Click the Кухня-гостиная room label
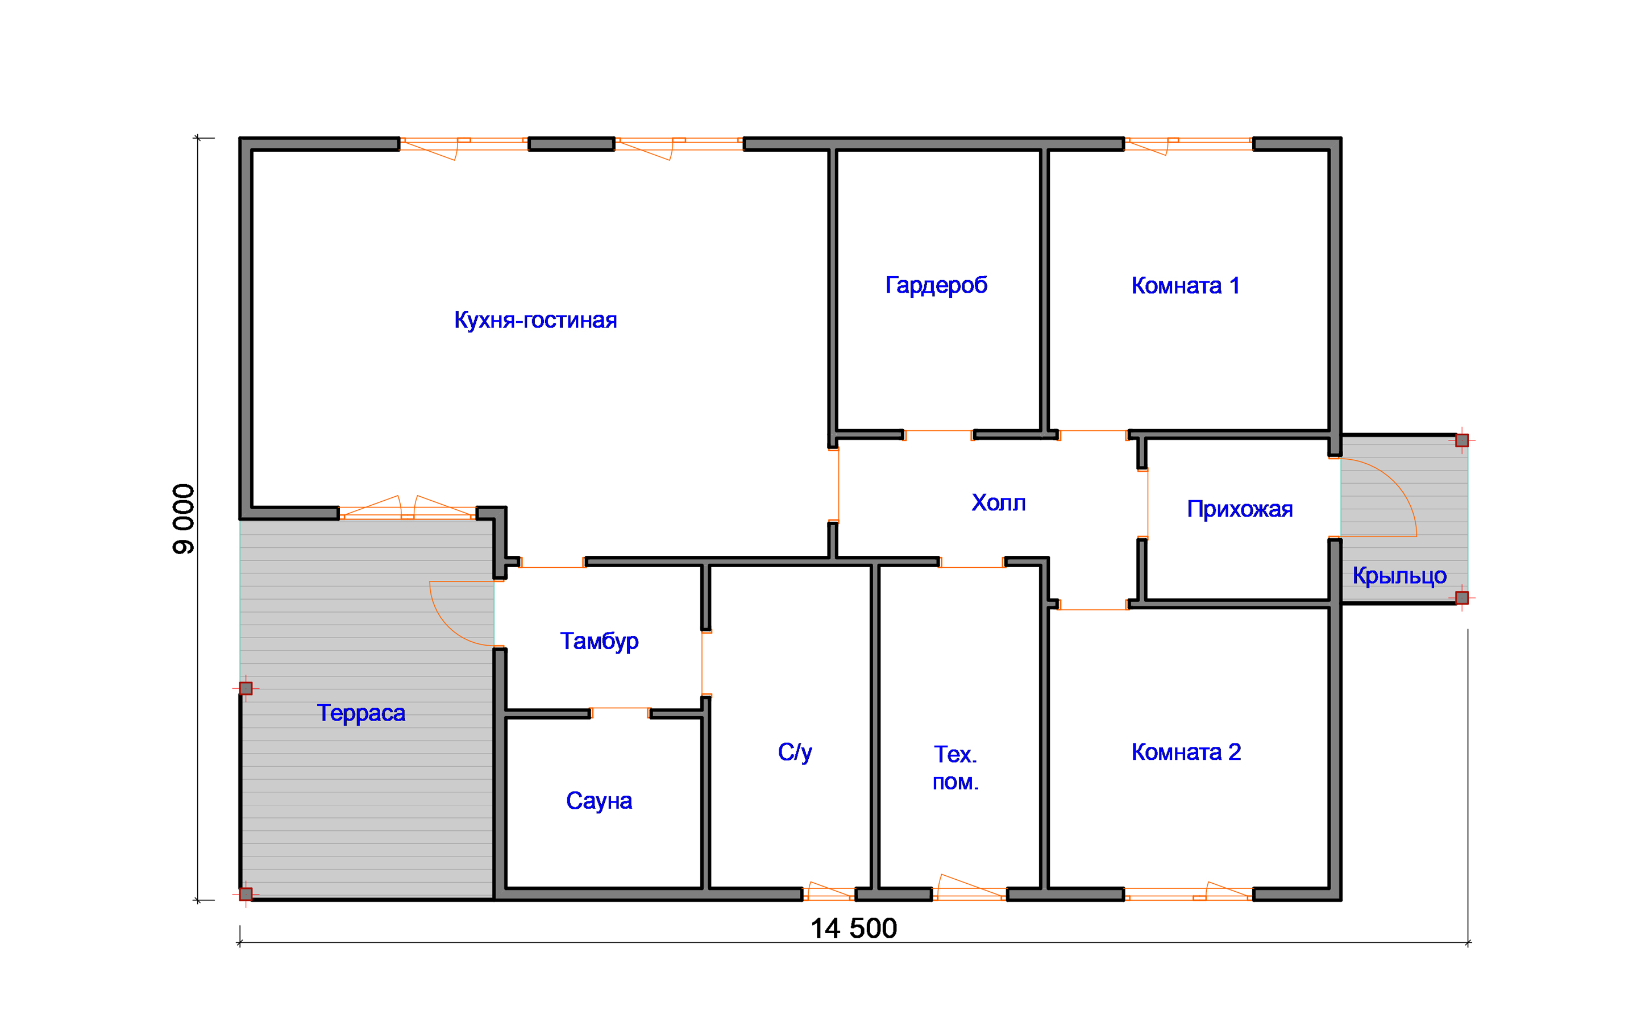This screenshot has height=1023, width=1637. click(535, 320)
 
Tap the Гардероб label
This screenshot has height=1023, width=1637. click(936, 285)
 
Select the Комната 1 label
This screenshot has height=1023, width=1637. click(1186, 285)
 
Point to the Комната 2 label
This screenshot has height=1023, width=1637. click(1186, 752)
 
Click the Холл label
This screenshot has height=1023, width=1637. click(999, 503)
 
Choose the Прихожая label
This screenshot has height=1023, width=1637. click(1240, 509)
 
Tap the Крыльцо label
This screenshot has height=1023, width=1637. click(1399, 576)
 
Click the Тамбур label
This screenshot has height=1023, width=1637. click(599, 641)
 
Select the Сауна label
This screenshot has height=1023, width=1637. click(599, 800)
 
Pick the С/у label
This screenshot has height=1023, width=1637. click(795, 752)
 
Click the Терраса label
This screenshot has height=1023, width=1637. click(362, 713)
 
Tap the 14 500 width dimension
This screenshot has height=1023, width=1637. click(854, 928)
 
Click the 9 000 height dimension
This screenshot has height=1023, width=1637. click(184, 519)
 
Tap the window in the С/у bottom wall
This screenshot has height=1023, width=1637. click(829, 893)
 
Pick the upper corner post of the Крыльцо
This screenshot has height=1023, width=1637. click(1462, 440)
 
